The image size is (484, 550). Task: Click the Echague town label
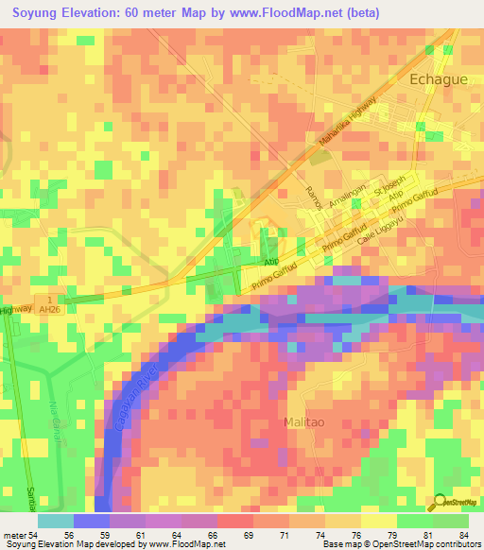click(x=438, y=80)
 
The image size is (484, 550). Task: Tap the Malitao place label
click(x=311, y=421)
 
